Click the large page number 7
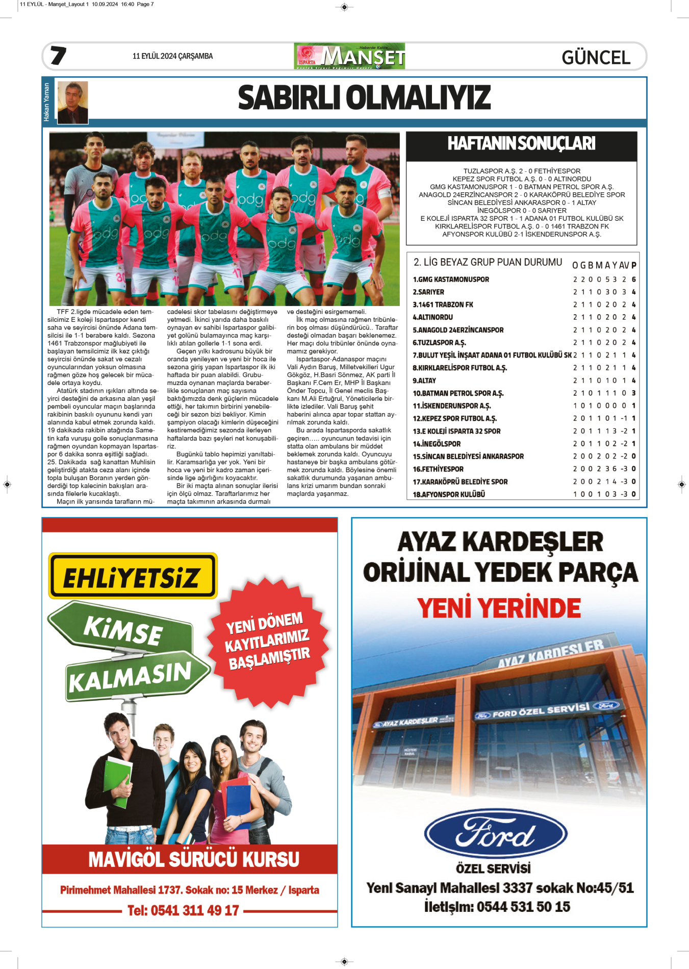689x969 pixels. point(58,56)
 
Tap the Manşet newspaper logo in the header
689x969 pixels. point(350,56)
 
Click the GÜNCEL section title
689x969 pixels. point(596,58)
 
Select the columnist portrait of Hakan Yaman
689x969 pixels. point(73,102)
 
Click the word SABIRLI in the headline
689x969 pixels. point(288,98)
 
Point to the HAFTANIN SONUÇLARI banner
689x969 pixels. point(521,144)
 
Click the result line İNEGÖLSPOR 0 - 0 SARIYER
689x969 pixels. point(521,211)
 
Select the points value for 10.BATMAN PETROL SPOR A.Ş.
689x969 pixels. point(633,393)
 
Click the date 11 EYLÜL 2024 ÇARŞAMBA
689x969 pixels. point(172,56)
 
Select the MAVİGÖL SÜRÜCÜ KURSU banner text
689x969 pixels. point(193,859)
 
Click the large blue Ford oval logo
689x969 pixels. point(495,834)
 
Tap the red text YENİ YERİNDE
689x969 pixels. point(499,608)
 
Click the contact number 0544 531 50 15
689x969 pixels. point(523,907)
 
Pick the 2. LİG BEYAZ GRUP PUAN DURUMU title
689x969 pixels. point(488,262)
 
